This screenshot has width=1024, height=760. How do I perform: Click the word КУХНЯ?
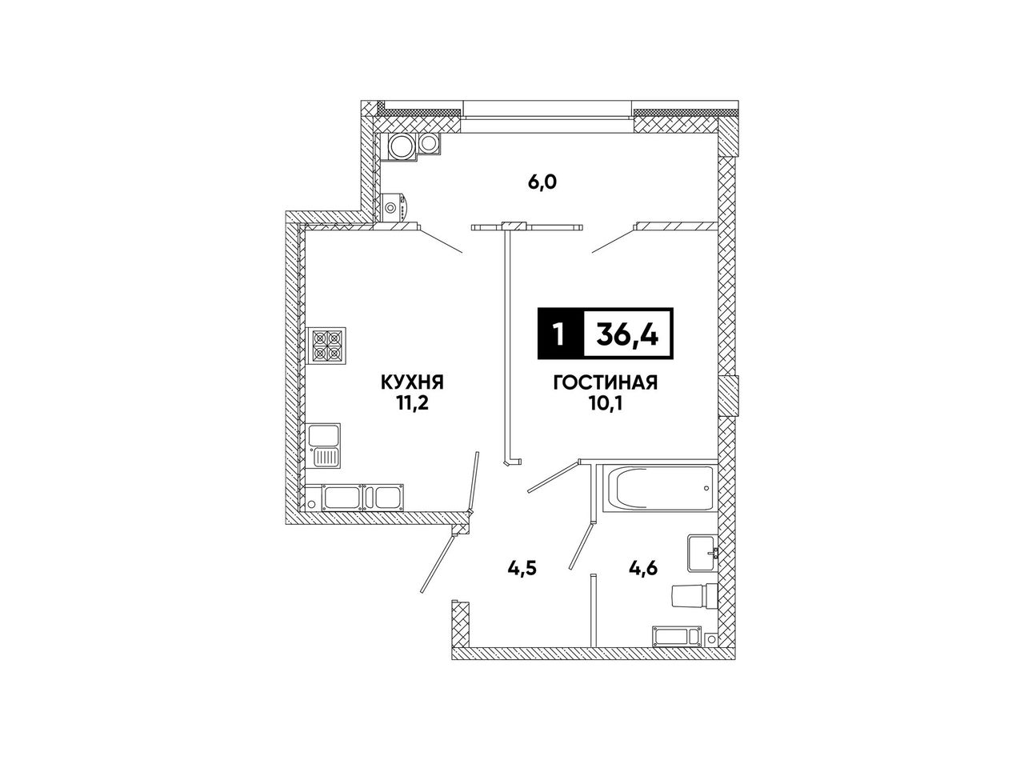pos(412,382)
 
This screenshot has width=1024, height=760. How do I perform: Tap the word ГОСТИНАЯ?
pos(606,382)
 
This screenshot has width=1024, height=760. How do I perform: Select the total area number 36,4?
pos(627,334)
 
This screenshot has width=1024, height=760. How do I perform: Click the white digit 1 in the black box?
pos(559,334)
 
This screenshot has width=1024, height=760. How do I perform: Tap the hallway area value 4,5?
pos(522,568)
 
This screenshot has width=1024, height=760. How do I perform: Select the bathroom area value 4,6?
pos(643,567)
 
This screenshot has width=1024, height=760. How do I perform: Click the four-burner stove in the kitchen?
pos(326,346)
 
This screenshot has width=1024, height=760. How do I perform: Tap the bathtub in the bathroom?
pos(657,489)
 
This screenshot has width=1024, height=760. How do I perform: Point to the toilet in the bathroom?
pos(694,596)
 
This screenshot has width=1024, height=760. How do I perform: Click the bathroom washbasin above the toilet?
pos(702,553)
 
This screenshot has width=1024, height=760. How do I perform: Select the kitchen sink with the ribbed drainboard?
pos(324,446)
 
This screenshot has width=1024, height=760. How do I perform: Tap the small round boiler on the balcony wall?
pos(392,206)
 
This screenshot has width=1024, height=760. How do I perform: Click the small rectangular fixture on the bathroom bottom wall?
pos(676,635)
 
